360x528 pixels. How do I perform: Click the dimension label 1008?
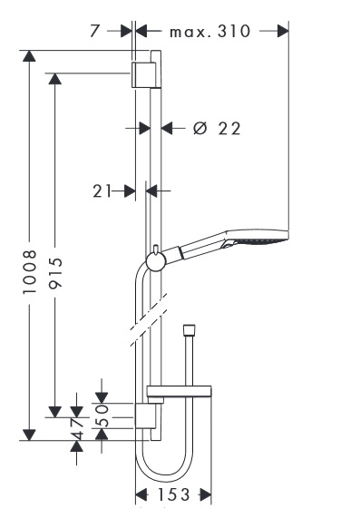[x=29, y=272]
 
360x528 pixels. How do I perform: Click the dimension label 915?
[x=54, y=273]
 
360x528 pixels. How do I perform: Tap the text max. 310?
[x=210, y=32]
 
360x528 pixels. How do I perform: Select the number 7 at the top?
[x=95, y=31]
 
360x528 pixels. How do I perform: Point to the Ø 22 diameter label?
[x=217, y=128]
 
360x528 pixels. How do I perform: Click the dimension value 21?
[x=102, y=191]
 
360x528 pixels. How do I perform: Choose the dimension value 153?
[x=174, y=494]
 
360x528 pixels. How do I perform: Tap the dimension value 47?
[x=77, y=429]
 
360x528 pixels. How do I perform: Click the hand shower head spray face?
[x=262, y=240]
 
